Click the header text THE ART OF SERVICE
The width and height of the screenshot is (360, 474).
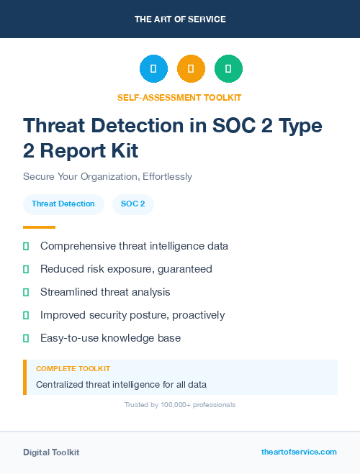180,19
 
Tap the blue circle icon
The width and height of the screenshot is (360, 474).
153,68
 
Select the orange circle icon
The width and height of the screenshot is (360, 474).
191,68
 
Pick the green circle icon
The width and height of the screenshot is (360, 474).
228,68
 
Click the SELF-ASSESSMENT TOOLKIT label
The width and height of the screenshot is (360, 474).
179,97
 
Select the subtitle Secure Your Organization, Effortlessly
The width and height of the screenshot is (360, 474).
107,176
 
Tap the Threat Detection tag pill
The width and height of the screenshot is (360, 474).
63,204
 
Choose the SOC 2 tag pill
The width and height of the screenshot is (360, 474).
133,204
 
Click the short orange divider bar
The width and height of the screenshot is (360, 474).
39,227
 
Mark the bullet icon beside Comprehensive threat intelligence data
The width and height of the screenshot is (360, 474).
26,246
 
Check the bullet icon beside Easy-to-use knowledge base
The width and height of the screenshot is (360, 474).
26,338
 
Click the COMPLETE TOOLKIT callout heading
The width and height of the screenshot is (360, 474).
73,368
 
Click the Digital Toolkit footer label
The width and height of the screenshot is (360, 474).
51,452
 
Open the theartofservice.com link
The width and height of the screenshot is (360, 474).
299,452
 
